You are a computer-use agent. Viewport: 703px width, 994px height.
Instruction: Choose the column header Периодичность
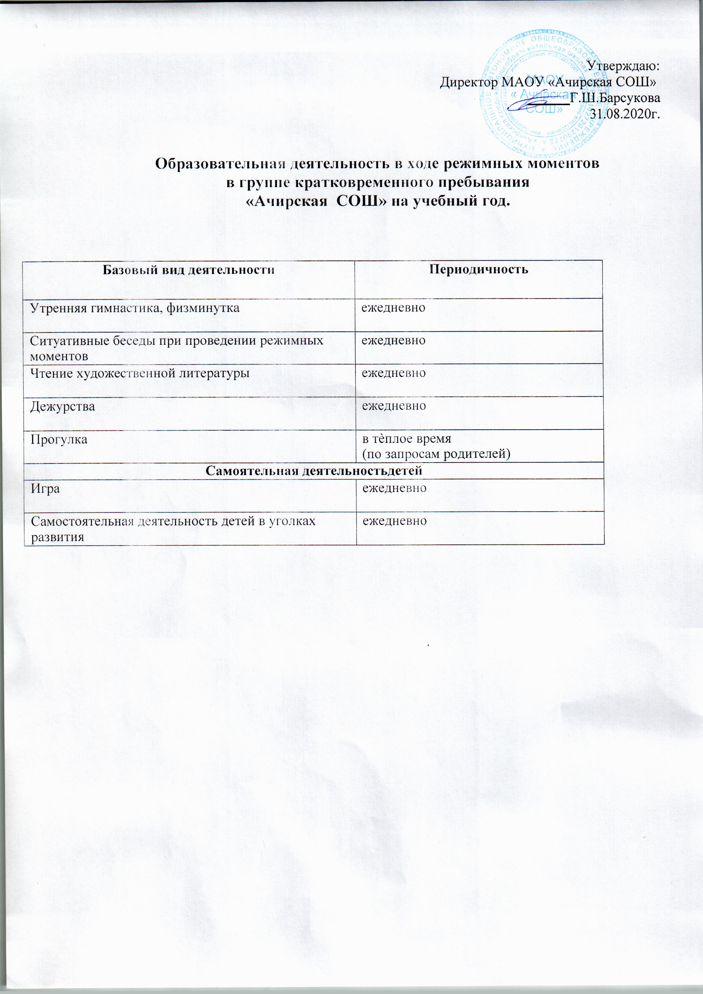[x=478, y=269]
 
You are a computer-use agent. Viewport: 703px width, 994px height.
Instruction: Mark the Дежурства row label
[x=62, y=406]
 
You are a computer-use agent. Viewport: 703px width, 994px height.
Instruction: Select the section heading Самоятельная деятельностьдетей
[x=314, y=470]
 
